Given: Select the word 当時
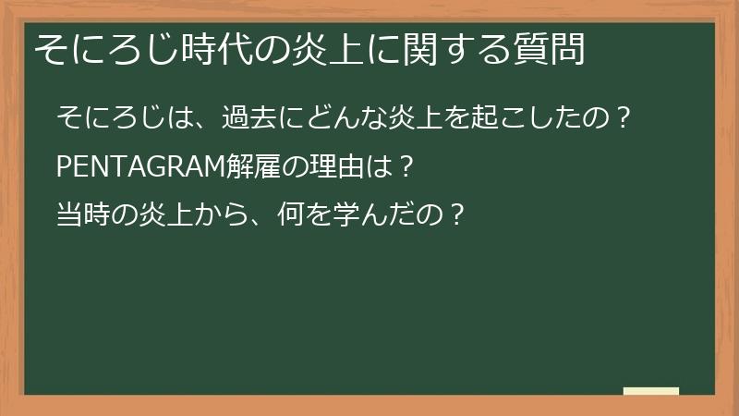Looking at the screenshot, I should pos(81,216).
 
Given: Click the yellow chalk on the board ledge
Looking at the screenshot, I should pos(651,391).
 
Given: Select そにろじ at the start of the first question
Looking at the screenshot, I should pos(106,118).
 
